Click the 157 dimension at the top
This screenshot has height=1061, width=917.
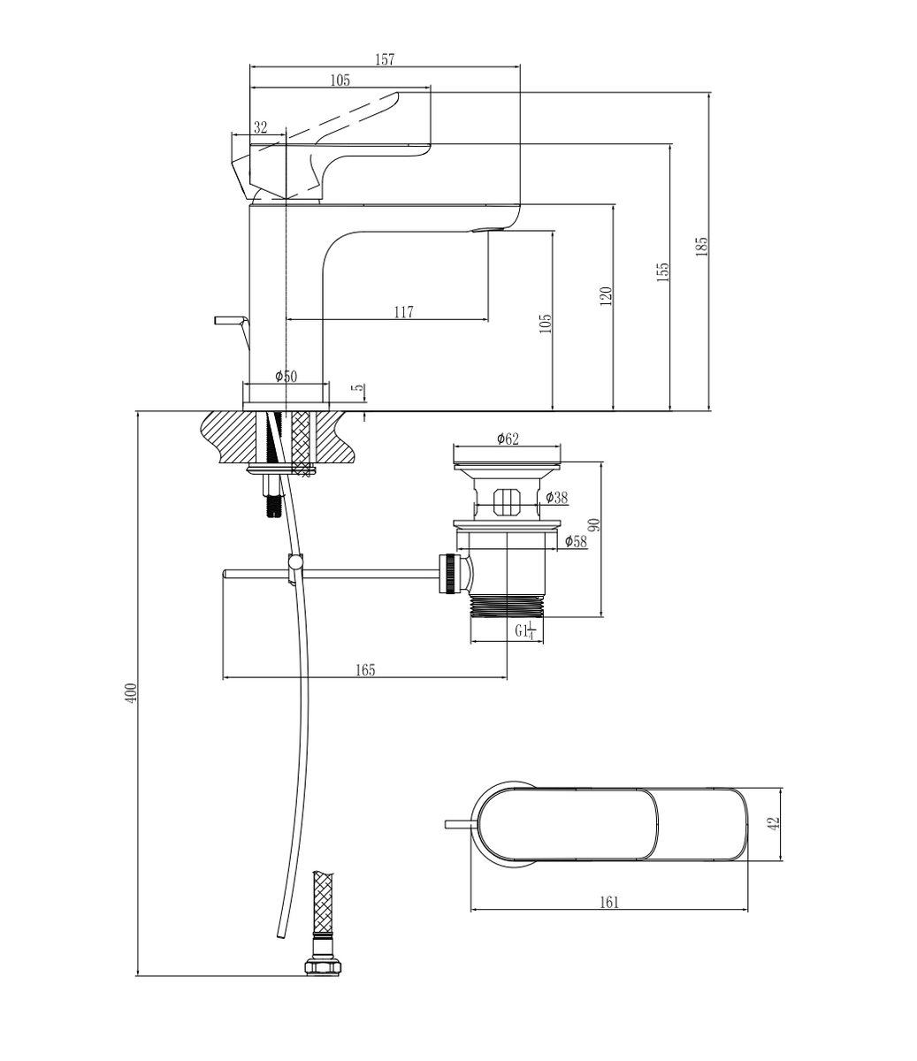point(385,59)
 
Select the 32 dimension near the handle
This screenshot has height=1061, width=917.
point(260,127)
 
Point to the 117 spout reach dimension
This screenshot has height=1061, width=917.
point(403,312)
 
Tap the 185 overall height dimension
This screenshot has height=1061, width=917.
point(702,247)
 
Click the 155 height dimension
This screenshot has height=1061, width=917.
point(663,272)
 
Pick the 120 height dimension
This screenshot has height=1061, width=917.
point(606,296)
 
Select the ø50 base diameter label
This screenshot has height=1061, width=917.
point(286,377)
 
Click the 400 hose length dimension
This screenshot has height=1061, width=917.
point(132,693)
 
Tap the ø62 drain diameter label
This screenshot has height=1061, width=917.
point(508,439)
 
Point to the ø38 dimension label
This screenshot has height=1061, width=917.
point(556,498)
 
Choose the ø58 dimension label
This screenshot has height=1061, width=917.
point(576,541)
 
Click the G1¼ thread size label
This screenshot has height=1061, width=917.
point(525,630)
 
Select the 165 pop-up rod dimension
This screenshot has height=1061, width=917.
point(365,670)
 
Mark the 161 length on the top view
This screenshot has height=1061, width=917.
point(609,902)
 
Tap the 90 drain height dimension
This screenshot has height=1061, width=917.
point(593,524)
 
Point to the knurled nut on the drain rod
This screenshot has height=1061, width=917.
point(447,574)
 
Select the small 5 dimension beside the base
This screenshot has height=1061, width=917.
point(359,387)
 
